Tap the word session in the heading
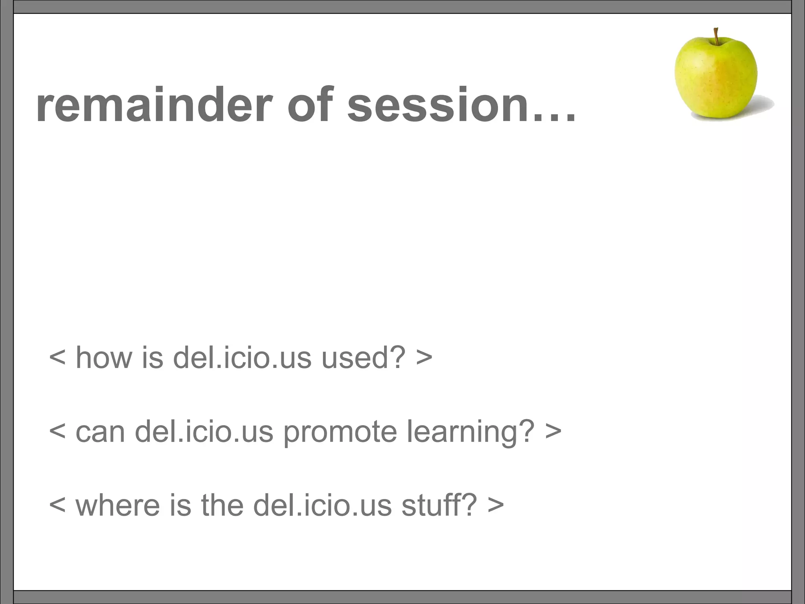438,105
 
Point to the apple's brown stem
717,36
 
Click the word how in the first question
104,357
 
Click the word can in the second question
100,431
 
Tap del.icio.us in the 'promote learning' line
204,431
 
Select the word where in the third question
118,505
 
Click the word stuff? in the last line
439,505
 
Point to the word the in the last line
222,505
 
